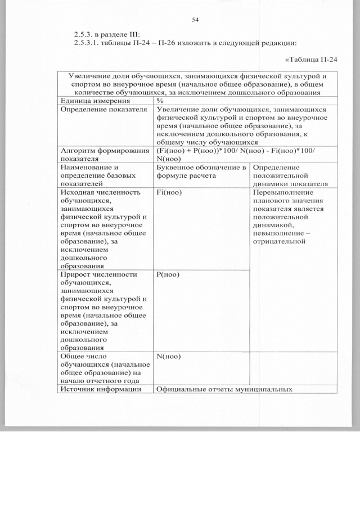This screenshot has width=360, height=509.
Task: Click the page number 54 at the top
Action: [x=195, y=20]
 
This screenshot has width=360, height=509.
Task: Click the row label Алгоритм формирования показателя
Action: [x=101, y=155]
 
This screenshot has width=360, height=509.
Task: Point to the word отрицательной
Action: [x=279, y=242]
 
